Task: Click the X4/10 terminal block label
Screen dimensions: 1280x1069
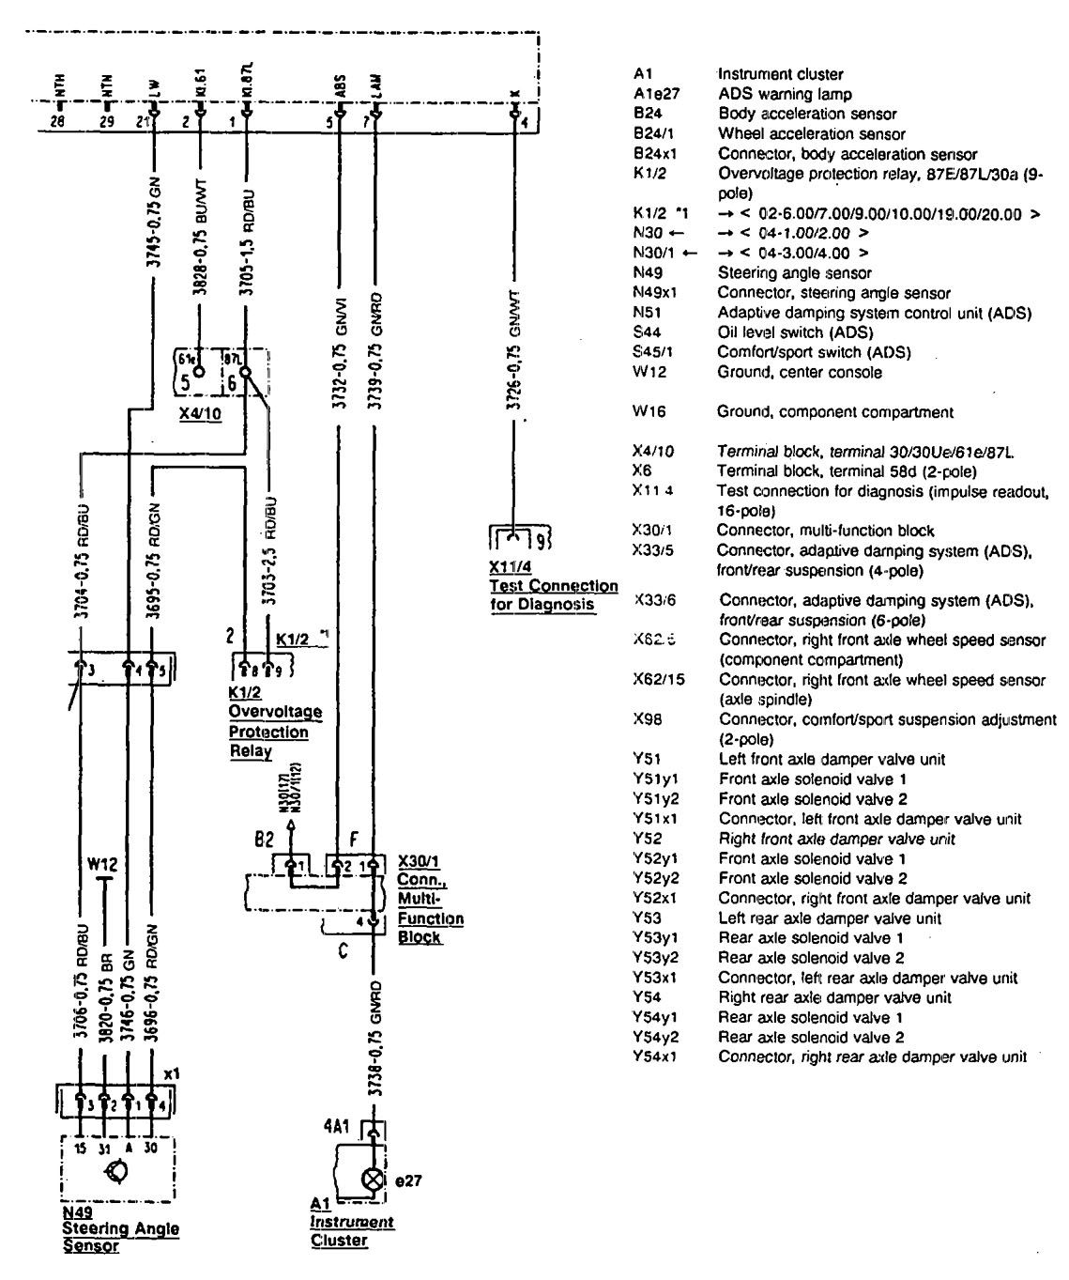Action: click(202, 413)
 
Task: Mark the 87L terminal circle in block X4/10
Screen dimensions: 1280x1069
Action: click(247, 373)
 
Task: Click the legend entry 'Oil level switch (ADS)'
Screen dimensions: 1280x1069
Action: click(794, 332)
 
